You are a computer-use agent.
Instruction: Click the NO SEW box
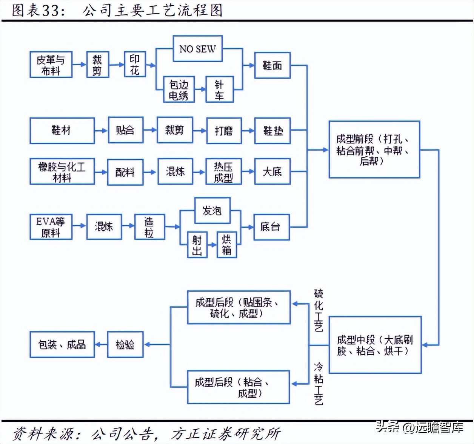(x=197, y=49)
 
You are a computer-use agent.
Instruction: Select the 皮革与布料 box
(x=51, y=65)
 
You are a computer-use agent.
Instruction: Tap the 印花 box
(x=135, y=65)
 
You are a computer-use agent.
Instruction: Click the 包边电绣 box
(x=179, y=89)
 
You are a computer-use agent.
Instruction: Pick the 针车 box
(x=220, y=89)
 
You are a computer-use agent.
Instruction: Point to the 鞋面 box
(x=272, y=65)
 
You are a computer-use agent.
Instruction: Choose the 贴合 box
(x=125, y=130)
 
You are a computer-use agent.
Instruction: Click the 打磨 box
(x=224, y=131)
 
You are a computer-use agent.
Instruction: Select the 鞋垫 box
(x=272, y=131)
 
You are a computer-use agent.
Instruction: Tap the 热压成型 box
(x=223, y=172)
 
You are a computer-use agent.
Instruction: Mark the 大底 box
(x=272, y=172)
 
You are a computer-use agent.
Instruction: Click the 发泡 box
(x=212, y=210)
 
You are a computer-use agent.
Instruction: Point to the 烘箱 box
(x=226, y=245)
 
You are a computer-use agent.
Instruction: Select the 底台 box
(x=271, y=227)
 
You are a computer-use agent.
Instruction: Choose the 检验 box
(x=125, y=344)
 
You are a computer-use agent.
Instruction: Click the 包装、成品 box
(x=62, y=344)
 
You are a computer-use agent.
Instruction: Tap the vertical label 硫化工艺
(x=319, y=310)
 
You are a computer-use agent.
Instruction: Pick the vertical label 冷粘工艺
(x=319, y=384)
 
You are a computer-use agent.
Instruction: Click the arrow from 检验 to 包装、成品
(x=101, y=344)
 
